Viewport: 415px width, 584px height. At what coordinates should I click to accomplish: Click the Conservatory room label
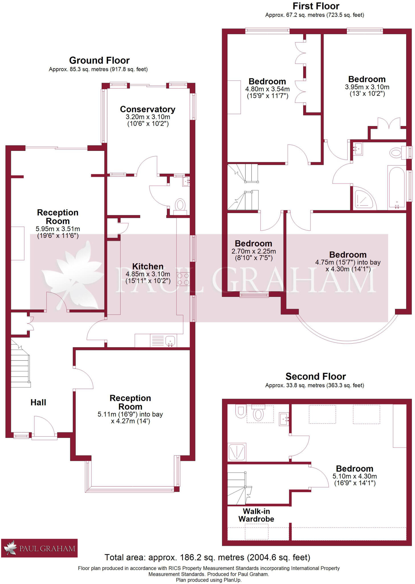pos(147,109)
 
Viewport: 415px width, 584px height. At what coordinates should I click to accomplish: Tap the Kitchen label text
pos(148,266)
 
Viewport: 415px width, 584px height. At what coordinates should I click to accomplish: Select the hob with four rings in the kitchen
pos(183,279)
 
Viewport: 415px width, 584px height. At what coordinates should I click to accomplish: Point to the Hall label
pos(38,402)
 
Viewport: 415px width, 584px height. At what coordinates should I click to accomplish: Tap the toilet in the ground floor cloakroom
pos(180,205)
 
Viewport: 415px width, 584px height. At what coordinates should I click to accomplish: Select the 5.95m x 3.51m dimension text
pos(58,229)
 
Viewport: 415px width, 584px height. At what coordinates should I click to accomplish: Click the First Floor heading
pos(316,6)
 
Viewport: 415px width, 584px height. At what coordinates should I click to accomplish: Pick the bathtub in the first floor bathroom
pos(396,187)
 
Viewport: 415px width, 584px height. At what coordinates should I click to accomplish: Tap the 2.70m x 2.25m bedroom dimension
pos(253,251)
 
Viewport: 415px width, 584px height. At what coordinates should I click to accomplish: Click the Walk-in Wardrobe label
pos(256,515)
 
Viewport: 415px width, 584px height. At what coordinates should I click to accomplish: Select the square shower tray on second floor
pos(237,452)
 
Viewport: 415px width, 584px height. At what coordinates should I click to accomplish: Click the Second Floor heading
pos(316,376)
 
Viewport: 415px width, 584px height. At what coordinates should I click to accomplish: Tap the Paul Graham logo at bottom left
pos(39,548)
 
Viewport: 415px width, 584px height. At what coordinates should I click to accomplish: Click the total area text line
pos(207,557)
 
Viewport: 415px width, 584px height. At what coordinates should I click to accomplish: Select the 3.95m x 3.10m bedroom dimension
pos(367,87)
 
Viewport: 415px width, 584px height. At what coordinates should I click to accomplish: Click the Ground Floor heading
pos(99,60)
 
